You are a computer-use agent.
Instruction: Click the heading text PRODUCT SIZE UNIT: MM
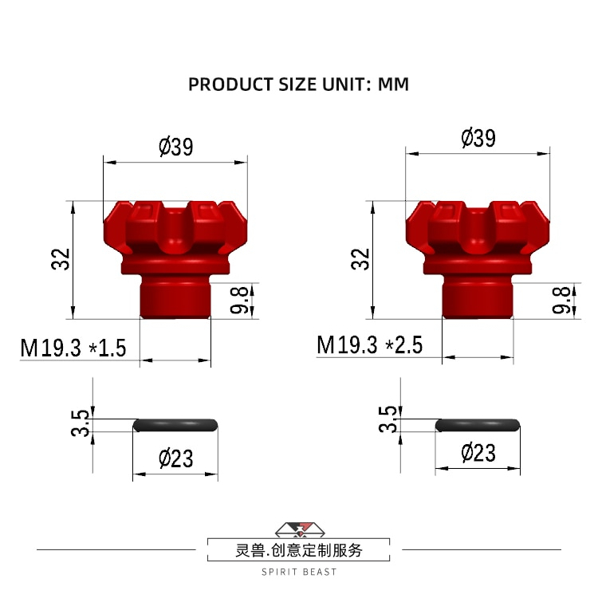(298, 84)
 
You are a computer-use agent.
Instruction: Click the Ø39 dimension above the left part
(175, 147)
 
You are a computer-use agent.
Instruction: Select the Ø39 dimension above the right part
(478, 137)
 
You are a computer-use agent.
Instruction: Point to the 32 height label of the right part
(363, 259)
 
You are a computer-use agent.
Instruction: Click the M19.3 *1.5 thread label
(73, 348)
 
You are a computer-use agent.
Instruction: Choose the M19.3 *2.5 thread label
(369, 344)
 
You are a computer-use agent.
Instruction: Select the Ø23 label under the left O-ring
(175, 458)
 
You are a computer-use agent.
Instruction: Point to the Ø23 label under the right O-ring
(478, 453)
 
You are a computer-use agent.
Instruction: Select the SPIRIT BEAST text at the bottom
(299, 572)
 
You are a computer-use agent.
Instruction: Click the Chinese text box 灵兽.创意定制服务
(299, 550)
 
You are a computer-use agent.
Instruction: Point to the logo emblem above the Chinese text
(299, 529)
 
